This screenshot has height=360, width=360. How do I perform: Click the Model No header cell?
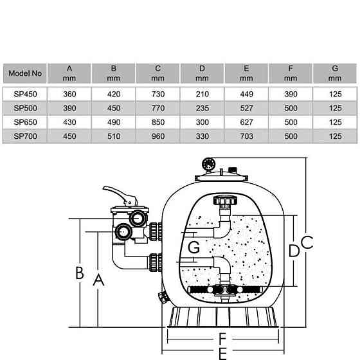coord(25,73)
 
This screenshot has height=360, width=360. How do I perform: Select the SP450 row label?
coord(25,94)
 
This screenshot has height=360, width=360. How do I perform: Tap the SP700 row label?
coord(25,136)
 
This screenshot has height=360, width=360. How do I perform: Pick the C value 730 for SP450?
coord(158,94)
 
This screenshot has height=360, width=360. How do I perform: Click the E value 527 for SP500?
coord(247,108)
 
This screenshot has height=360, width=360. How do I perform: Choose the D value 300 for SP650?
coord(203,122)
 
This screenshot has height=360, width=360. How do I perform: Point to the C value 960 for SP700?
coord(158,136)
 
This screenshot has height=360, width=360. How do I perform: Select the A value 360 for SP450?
coord(69,94)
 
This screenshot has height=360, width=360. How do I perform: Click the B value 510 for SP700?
coord(114,136)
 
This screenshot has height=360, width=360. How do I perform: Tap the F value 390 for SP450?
coord(291,94)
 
